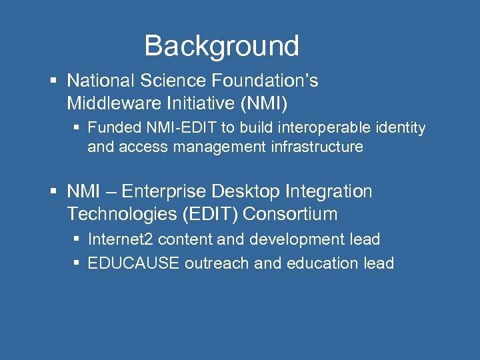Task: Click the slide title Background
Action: coord(221,46)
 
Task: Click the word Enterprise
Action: coord(167,192)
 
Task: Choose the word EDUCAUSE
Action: coord(133,263)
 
